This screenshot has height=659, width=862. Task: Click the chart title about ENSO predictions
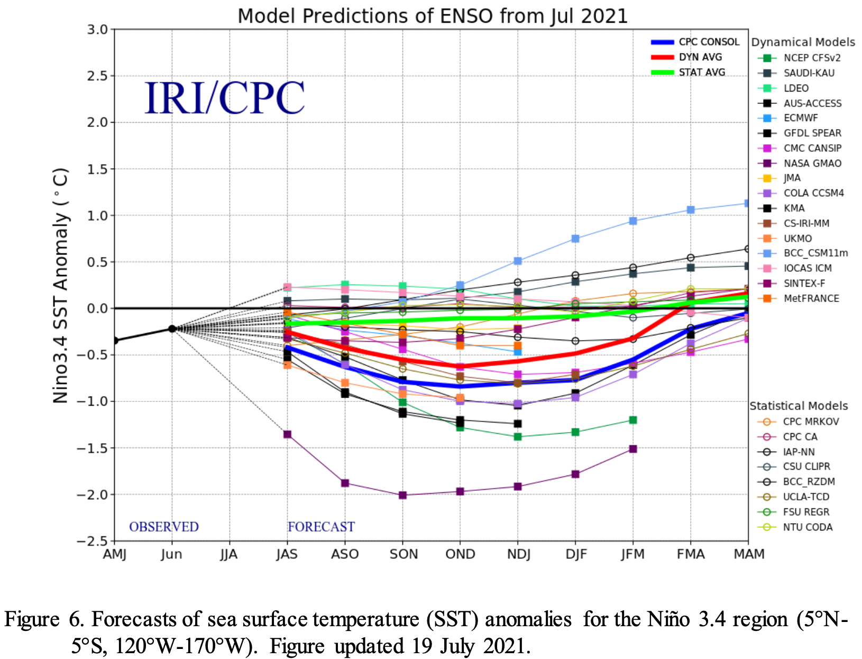pos(432,16)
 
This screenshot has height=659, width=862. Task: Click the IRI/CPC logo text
pos(224,98)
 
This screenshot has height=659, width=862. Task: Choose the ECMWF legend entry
pos(800,118)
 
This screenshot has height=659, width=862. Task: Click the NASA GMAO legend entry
pos(812,163)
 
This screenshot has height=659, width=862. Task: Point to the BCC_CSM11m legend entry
pos(815,253)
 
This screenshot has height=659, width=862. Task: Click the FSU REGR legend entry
pos(805,512)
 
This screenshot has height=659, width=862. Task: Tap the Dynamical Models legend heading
pos(803,42)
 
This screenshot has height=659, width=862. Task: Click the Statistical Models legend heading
pos(799,406)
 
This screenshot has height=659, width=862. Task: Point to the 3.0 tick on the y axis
pos(97,30)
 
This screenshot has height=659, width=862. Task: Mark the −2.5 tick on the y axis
pos(92,541)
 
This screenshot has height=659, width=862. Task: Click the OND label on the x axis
pos(460,554)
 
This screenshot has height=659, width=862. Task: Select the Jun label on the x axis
pos(172,554)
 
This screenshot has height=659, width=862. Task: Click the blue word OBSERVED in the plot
pos(164,527)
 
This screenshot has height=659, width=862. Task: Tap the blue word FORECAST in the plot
pos(321,527)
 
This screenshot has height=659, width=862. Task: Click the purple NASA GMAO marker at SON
pos(402,495)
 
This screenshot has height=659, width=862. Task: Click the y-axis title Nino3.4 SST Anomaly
pos(61,286)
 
